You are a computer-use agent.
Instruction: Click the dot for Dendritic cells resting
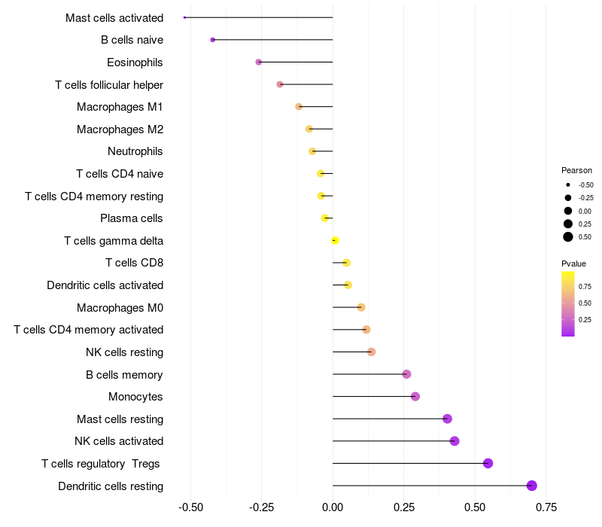click(532, 486)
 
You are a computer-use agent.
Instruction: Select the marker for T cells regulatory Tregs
click(488, 463)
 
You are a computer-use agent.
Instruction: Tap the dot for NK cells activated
click(455, 441)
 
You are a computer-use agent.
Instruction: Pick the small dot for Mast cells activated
click(184, 17)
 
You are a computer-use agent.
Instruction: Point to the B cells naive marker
click(213, 39)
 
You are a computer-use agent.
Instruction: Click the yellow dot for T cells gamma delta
click(335, 240)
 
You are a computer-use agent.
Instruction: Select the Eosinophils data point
click(259, 62)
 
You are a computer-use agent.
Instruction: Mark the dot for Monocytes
click(415, 397)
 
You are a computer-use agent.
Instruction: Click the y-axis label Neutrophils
click(135, 151)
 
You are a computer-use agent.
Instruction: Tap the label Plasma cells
click(132, 218)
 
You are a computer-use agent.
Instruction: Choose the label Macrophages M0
click(120, 307)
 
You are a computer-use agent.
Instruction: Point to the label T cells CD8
click(135, 263)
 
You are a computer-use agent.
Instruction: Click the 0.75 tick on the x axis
click(546, 507)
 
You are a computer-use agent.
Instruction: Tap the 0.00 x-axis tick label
click(333, 507)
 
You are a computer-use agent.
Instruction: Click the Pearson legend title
click(576, 170)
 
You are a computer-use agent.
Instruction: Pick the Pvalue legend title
click(573, 263)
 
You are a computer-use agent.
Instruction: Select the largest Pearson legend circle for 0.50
click(568, 237)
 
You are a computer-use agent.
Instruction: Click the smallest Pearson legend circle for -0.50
click(568, 184)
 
